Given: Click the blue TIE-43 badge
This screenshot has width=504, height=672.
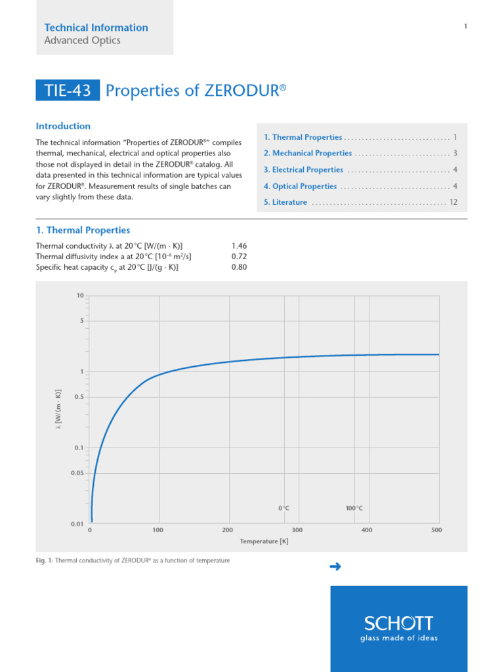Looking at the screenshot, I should (x=68, y=91).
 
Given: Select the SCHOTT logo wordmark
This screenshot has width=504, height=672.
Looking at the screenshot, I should (x=399, y=623).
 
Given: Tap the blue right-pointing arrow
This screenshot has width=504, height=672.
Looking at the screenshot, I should (x=335, y=567).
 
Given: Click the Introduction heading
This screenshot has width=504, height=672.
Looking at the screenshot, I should (x=63, y=126).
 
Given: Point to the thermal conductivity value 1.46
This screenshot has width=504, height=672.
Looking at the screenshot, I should (x=239, y=245).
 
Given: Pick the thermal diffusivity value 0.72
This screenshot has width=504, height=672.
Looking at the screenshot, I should (x=239, y=256).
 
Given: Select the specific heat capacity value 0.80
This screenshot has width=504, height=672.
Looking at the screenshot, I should (x=239, y=267).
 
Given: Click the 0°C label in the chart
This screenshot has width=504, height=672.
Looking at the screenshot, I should (x=283, y=508).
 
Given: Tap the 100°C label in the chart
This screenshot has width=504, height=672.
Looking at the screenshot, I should (x=354, y=508).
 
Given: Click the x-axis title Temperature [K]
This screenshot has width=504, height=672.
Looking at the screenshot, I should (x=264, y=541).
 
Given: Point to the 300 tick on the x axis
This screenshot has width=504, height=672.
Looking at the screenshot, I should (x=297, y=530).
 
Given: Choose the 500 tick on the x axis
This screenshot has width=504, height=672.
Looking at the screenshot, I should (x=437, y=530).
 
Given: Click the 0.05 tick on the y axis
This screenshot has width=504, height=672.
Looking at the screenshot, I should (x=77, y=473).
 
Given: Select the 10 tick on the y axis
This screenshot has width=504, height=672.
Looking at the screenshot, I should (x=79, y=296).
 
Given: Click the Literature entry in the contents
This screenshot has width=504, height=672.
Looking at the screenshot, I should (x=289, y=202).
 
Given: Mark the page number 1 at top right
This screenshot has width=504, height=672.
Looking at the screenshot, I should (x=465, y=26).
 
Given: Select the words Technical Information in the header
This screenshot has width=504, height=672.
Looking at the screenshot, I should (x=96, y=28).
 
